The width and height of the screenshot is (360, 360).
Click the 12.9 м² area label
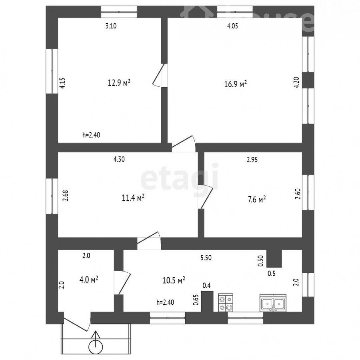(x=119, y=82)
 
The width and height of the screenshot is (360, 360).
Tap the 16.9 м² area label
(x=236, y=84)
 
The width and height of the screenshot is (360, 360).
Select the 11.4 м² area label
(x=133, y=198)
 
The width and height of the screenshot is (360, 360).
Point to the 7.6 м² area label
(x=256, y=199)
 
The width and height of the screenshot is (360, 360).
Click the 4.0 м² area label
(x=89, y=280)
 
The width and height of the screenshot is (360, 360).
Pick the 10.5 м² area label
(x=174, y=280)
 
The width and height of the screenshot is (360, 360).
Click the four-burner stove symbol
(x=226, y=303)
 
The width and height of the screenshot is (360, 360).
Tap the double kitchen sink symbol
(x=273, y=303)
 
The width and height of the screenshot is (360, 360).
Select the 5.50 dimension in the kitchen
(x=206, y=258)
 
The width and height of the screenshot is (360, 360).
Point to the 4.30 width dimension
(x=119, y=159)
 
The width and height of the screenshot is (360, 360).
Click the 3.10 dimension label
(x=111, y=26)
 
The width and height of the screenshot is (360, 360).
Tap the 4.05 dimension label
(x=232, y=26)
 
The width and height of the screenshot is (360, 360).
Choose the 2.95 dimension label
(x=252, y=160)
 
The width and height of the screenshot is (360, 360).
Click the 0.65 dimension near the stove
(x=196, y=300)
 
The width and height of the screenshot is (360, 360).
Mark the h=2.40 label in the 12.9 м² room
(x=91, y=135)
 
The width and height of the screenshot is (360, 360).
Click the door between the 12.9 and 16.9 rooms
(x=160, y=75)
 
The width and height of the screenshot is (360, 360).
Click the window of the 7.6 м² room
(x=308, y=192)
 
